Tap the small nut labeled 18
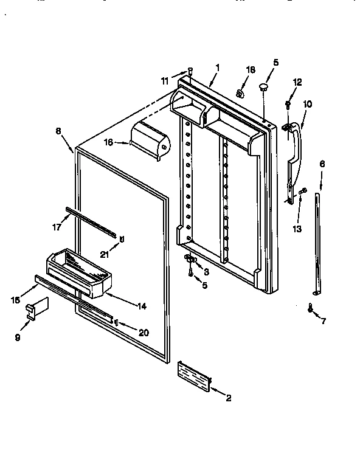[240, 94]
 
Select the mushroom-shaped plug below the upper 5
[263, 89]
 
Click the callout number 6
[322, 164]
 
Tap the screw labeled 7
[311, 310]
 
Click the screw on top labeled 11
[190, 71]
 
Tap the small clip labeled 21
[122, 238]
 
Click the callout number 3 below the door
[207, 271]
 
